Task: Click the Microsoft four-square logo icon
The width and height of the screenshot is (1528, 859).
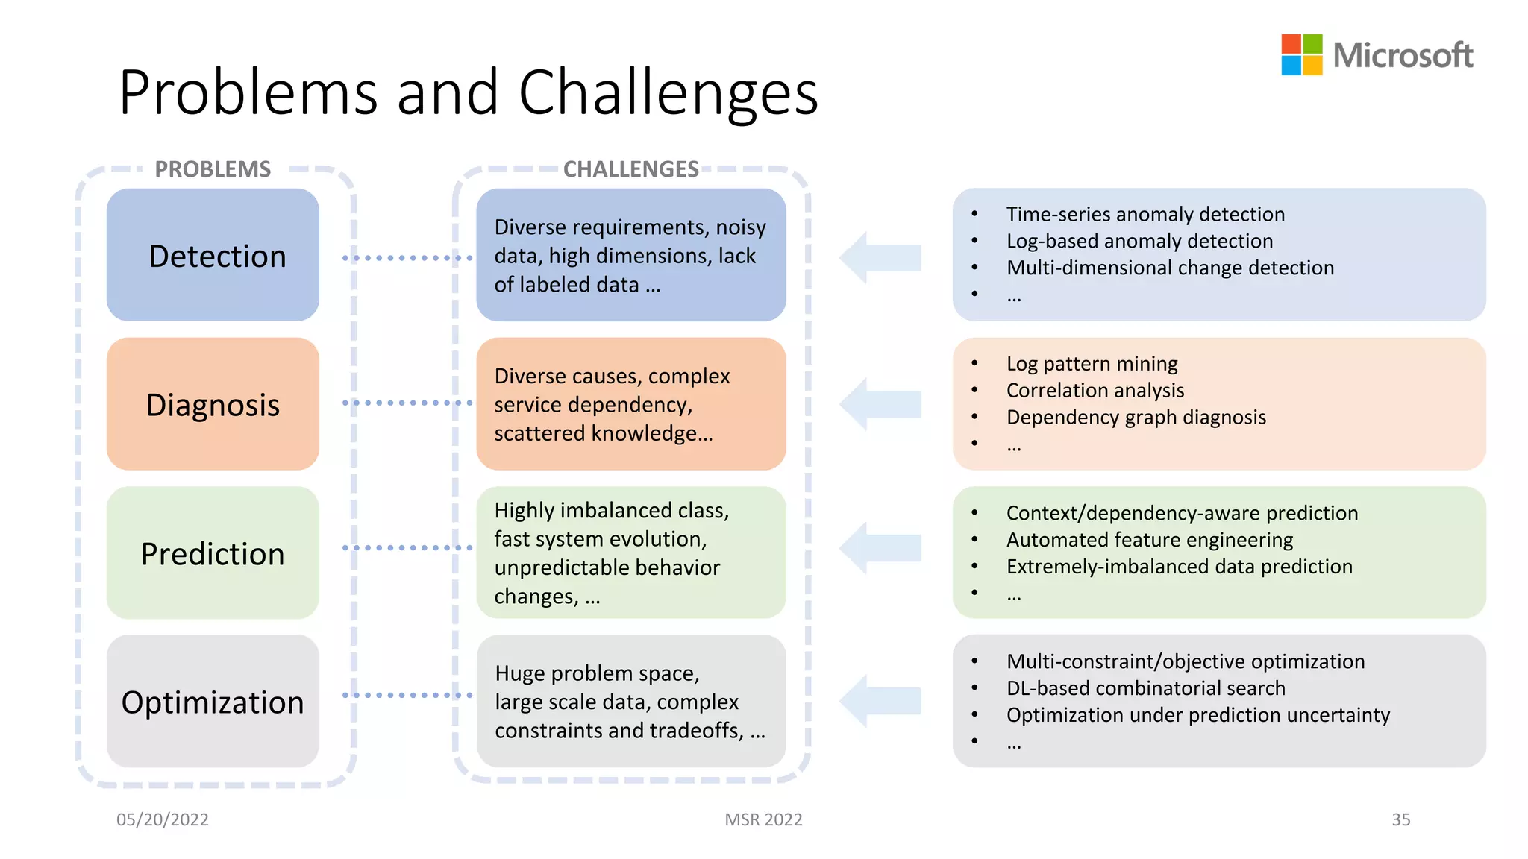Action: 1301,54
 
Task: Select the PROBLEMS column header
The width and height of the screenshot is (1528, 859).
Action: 213,169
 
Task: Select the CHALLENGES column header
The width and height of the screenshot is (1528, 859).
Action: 630,169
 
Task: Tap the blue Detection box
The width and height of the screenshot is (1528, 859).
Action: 213,255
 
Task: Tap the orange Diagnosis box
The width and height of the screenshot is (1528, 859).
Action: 213,404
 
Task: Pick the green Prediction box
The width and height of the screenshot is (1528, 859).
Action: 213,553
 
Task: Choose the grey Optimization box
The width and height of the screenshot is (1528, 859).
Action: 213,702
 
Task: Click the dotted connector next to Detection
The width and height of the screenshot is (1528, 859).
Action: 407,258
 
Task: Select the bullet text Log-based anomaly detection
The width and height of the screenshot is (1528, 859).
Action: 1139,241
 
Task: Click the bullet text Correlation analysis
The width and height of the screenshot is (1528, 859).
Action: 1095,390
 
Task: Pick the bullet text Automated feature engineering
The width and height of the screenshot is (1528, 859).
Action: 1149,539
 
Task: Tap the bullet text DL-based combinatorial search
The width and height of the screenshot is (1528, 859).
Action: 1145,687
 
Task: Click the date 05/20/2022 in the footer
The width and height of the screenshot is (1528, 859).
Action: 163,819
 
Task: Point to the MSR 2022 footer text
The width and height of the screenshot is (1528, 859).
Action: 763,819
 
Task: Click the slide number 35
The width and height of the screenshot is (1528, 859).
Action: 1400,819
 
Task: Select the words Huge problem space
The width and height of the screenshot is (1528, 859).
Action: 597,673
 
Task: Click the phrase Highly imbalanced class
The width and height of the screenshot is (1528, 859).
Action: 611,510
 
